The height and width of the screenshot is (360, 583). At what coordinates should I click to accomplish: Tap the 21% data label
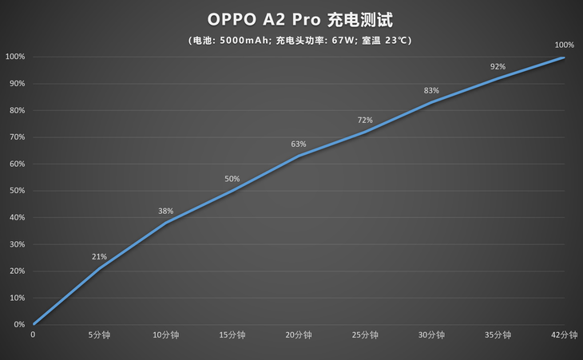click(99, 257)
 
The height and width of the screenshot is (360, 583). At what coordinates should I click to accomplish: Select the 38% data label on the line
click(165, 212)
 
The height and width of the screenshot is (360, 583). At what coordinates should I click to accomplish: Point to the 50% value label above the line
click(232, 179)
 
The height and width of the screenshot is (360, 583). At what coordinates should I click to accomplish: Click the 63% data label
click(299, 144)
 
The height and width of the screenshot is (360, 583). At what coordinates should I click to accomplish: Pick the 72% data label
click(365, 121)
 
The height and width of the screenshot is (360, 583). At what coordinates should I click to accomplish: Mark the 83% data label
click(431, 91)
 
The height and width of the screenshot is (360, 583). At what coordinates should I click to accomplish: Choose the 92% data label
click(498, 66)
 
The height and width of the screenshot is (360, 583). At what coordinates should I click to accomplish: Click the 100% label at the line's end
click(564, 45)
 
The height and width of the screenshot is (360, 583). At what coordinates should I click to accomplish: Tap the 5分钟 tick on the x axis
click(99, 336)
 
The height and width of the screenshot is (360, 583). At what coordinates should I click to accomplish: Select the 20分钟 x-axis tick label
click(299, 336)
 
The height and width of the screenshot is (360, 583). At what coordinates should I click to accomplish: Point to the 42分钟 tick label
click(564, 336)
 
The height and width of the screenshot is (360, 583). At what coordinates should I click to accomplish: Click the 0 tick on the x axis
click(33, 336)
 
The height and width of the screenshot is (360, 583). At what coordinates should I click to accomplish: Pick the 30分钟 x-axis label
click(431, 336)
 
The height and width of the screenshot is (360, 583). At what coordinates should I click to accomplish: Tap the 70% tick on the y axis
click(16, 137)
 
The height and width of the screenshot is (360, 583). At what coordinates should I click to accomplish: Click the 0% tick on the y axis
click(18, 325)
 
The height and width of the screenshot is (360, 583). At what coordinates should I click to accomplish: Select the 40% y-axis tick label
click(16, 218)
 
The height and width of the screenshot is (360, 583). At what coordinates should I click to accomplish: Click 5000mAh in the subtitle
click(244, 40)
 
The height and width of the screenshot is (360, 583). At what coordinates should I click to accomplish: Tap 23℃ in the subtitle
click(398, 40)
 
